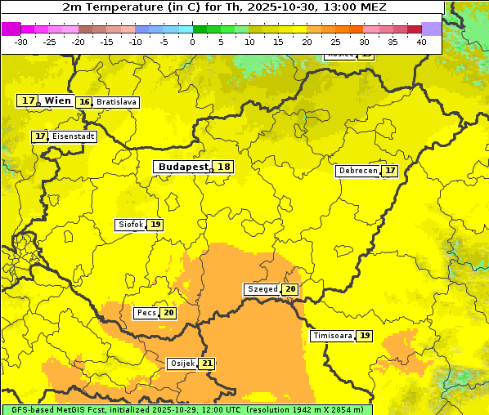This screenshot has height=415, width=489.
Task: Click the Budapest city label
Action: click(x=183, y=167)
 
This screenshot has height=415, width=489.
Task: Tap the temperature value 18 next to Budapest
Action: click(x=223, y=167)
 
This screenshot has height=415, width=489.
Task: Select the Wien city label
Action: click(x=57, y=100)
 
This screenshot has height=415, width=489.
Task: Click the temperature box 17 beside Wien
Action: click(x=28, y=100)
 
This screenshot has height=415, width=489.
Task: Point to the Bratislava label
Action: click(x=115, y=102)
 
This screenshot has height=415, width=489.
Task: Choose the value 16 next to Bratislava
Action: click(x=84, y=102)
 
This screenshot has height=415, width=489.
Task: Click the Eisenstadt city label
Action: click(x=73, y=136)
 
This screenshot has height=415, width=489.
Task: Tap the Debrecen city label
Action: click(x=357, y=171)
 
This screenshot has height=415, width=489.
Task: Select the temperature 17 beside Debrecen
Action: click(x=390, y=171)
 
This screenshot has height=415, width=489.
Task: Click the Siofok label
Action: click(x=130, y=225)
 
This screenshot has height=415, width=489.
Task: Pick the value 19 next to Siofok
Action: click(x=155, y=225)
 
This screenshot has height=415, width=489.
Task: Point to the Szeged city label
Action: click(x=262, y=289)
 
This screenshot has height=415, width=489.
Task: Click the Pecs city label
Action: click(x=146, y=313)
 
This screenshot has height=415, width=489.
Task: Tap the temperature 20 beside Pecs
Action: click(x=168, y=313)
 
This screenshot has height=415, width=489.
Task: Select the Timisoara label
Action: click(x=333, y=336)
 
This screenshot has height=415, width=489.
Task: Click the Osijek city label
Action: click(x=182, y=364)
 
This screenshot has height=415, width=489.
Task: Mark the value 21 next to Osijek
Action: click(x=207, y=364)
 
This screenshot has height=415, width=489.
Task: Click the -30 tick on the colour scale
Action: click(x=21, y=42)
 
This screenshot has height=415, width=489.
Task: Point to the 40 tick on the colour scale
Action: click(x=421, y=42)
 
